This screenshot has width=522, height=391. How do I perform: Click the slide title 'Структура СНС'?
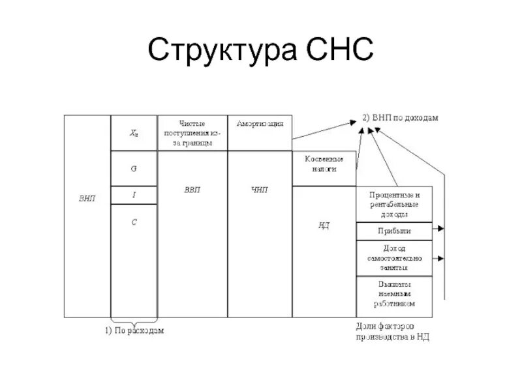261,51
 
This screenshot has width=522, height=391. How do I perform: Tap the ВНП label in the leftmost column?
87,198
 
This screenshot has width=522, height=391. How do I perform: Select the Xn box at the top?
134,133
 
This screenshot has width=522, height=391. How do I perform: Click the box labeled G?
134,168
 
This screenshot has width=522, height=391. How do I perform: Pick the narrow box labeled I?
134,195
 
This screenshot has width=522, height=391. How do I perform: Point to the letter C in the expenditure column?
134,222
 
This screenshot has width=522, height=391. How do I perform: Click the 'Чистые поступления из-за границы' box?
192,133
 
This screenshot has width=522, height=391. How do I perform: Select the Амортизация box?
260,124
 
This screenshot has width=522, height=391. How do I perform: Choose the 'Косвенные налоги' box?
324,163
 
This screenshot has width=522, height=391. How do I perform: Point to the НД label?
324,225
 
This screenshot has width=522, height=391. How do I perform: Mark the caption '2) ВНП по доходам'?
400,118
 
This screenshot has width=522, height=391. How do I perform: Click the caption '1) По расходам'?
134,330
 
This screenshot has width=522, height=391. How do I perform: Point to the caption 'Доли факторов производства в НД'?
393,331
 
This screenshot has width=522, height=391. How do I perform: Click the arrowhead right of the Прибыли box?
442,229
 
